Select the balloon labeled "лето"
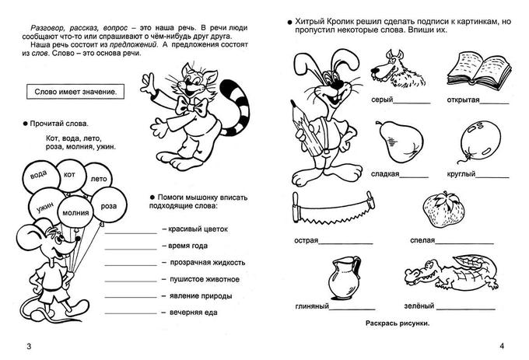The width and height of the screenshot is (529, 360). [99, 178]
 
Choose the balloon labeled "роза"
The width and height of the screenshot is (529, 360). [109, 205]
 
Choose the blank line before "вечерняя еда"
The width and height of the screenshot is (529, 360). [130, 313]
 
